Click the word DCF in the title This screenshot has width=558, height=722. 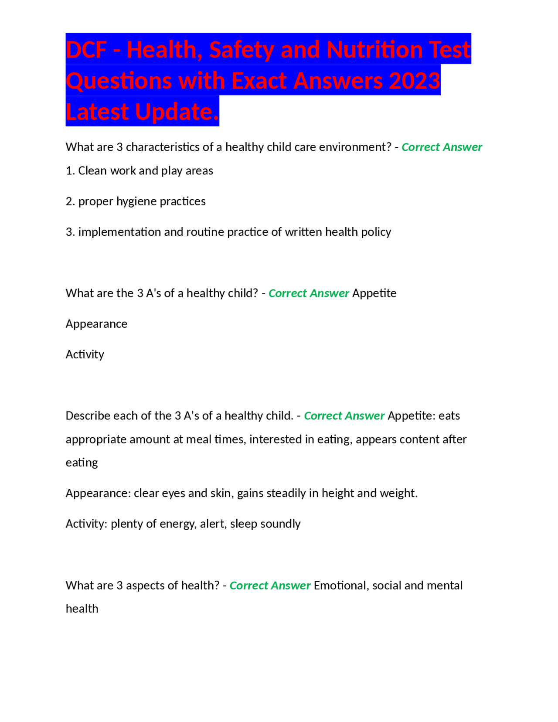(86, 49)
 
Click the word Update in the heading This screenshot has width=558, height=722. (174, 112)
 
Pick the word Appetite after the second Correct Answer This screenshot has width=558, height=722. (374, 293)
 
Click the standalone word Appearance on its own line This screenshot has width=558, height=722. (96, 324)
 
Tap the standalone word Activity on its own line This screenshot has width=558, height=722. (85, 354)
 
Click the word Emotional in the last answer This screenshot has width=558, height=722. (341, 585)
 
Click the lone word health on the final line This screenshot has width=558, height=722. (82, 609)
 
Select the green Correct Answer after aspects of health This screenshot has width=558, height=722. (270, 585)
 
